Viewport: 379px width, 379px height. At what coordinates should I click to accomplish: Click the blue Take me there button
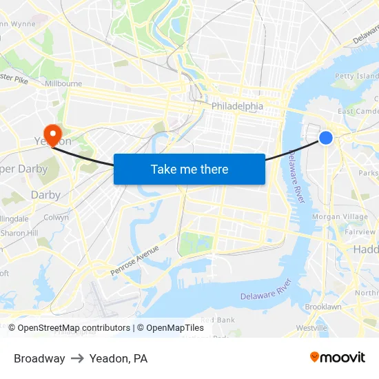click(x=189, y=169)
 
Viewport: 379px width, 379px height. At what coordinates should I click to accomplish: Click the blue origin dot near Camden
click(x=326, y=138)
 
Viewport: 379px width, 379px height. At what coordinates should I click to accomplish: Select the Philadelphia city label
click(x=237, y=106)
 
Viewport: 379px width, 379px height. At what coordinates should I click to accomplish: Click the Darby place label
click(x=45, y=195)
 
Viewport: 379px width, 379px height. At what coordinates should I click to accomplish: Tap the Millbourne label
click(x=63, y=83)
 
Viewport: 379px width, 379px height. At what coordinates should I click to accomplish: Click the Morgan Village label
click(x=340, y=216)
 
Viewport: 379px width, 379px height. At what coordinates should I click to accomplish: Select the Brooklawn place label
click(x=323, y=307)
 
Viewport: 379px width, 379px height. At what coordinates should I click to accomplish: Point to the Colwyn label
click(x=56, y=217)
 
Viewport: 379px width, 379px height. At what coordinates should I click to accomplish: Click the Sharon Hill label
click(x=19, y=233)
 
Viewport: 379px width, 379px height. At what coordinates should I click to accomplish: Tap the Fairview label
click(x=360, y=232)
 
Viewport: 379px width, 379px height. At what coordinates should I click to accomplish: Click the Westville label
click(x=311, y=328)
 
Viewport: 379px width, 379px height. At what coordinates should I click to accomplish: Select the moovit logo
click(x=338, y=357)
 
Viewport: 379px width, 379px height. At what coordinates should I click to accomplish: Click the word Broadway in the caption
click(x=39, y=358)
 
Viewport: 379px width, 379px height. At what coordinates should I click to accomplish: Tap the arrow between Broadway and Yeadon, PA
click(x=77, y=358)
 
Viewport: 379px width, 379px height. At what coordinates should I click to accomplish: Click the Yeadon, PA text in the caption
click(x=119, y=358)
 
